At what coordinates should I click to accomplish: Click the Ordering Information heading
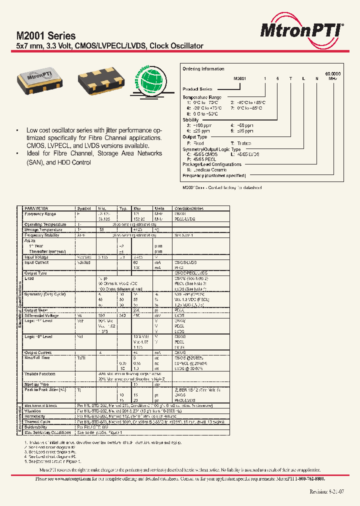(x=203, y=69)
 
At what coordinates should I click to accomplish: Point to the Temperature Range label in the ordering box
(x=202, y=97)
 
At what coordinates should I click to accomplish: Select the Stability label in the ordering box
(x=191, y=120)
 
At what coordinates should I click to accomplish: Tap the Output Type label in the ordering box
(x=195, y=137)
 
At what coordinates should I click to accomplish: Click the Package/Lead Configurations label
(x=212, y=164)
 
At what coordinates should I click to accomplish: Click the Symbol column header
(x=84, y=208)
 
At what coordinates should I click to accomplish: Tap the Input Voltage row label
(x=36, y=257)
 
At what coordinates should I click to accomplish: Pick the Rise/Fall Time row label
(x=37, y=358)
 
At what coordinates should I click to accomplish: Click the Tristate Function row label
(x=40, y=373)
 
